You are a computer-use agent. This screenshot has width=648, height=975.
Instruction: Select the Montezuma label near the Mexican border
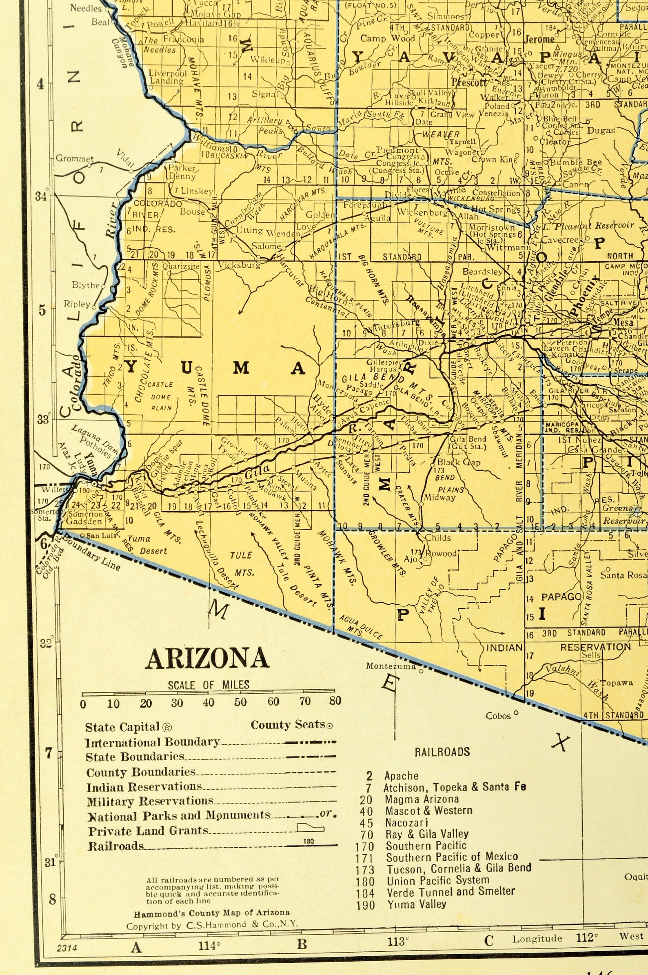tap(391, 666)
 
